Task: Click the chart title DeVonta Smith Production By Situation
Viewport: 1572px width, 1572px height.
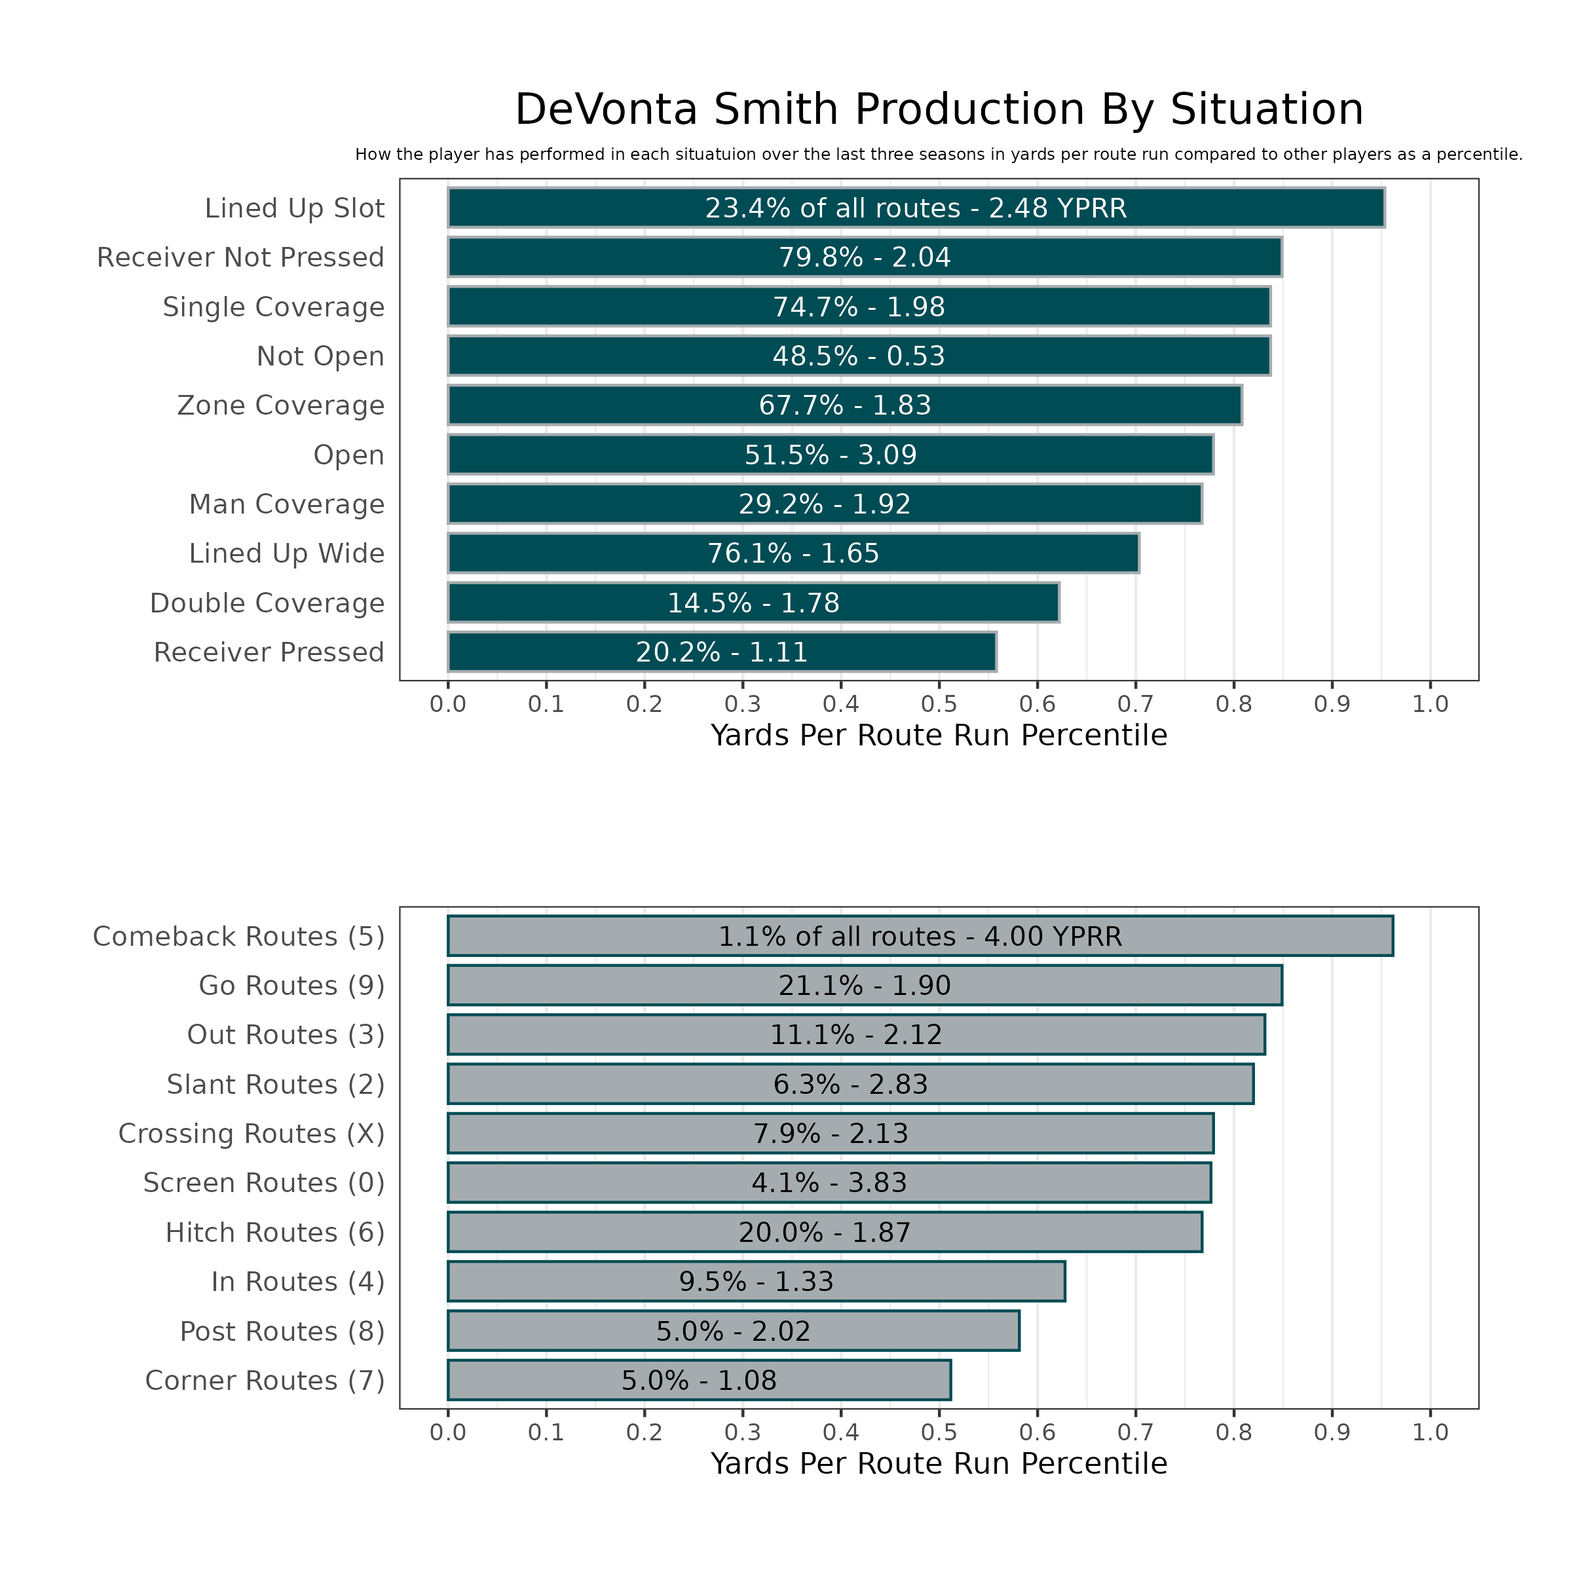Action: pyautogui.click(x=939, y=110)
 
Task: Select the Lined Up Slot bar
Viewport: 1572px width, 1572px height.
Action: pyautogui.click(x=916, y=208)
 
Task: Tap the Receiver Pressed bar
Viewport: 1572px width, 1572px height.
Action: pyautogui.click(x=722, y=652)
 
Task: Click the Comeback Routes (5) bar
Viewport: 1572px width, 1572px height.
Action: pyautogui.click(x=920, y=937)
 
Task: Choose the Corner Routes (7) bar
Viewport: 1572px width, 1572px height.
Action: pyautogui.click(x=699, y=1381)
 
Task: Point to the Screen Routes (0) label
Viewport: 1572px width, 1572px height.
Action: pyautogui.click(x=263, y=1183)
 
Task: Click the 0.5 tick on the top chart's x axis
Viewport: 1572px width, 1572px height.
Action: pyautogui.click(x=939, y=704)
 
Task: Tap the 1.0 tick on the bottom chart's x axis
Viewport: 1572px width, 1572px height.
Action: pyautogui.click(x=1431, y=1432)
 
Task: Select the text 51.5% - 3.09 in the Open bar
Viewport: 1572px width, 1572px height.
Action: pyautogui.click(x=830, y=455)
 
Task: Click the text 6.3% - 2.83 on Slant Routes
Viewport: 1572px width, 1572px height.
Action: pyautogui.click(x=850, y=1085)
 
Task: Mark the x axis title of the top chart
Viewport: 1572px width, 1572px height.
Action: pyautogui.click(x=939, y=736)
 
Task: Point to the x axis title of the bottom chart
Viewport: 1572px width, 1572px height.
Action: pyautogui.click(x=939, y=1464)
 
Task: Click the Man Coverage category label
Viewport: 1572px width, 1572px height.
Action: pyautogui.click(x=286, y=504)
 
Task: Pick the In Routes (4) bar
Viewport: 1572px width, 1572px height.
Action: pyautogui.click(x=756, y=1282)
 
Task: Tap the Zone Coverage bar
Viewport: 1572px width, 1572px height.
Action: pyautogui.click(x=844, y=405)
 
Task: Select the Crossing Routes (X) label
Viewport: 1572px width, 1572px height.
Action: pyautogui.click(x=252, y=1133)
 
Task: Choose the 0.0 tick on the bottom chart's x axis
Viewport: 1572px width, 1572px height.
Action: pyautogui.click(x=447, y=1432)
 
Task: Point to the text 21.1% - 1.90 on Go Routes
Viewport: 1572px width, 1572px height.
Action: pyautogui.click(x=864, y=985)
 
